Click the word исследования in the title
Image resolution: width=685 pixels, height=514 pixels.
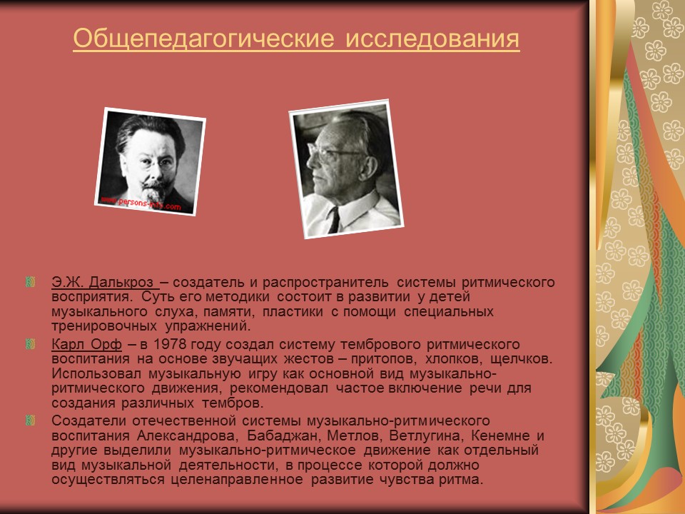(432, 40)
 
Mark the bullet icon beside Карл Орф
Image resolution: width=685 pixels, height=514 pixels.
(30, 345)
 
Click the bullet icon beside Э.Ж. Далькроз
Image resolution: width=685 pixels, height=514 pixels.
(30, 282)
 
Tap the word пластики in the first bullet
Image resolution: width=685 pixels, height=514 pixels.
(288, 312)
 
